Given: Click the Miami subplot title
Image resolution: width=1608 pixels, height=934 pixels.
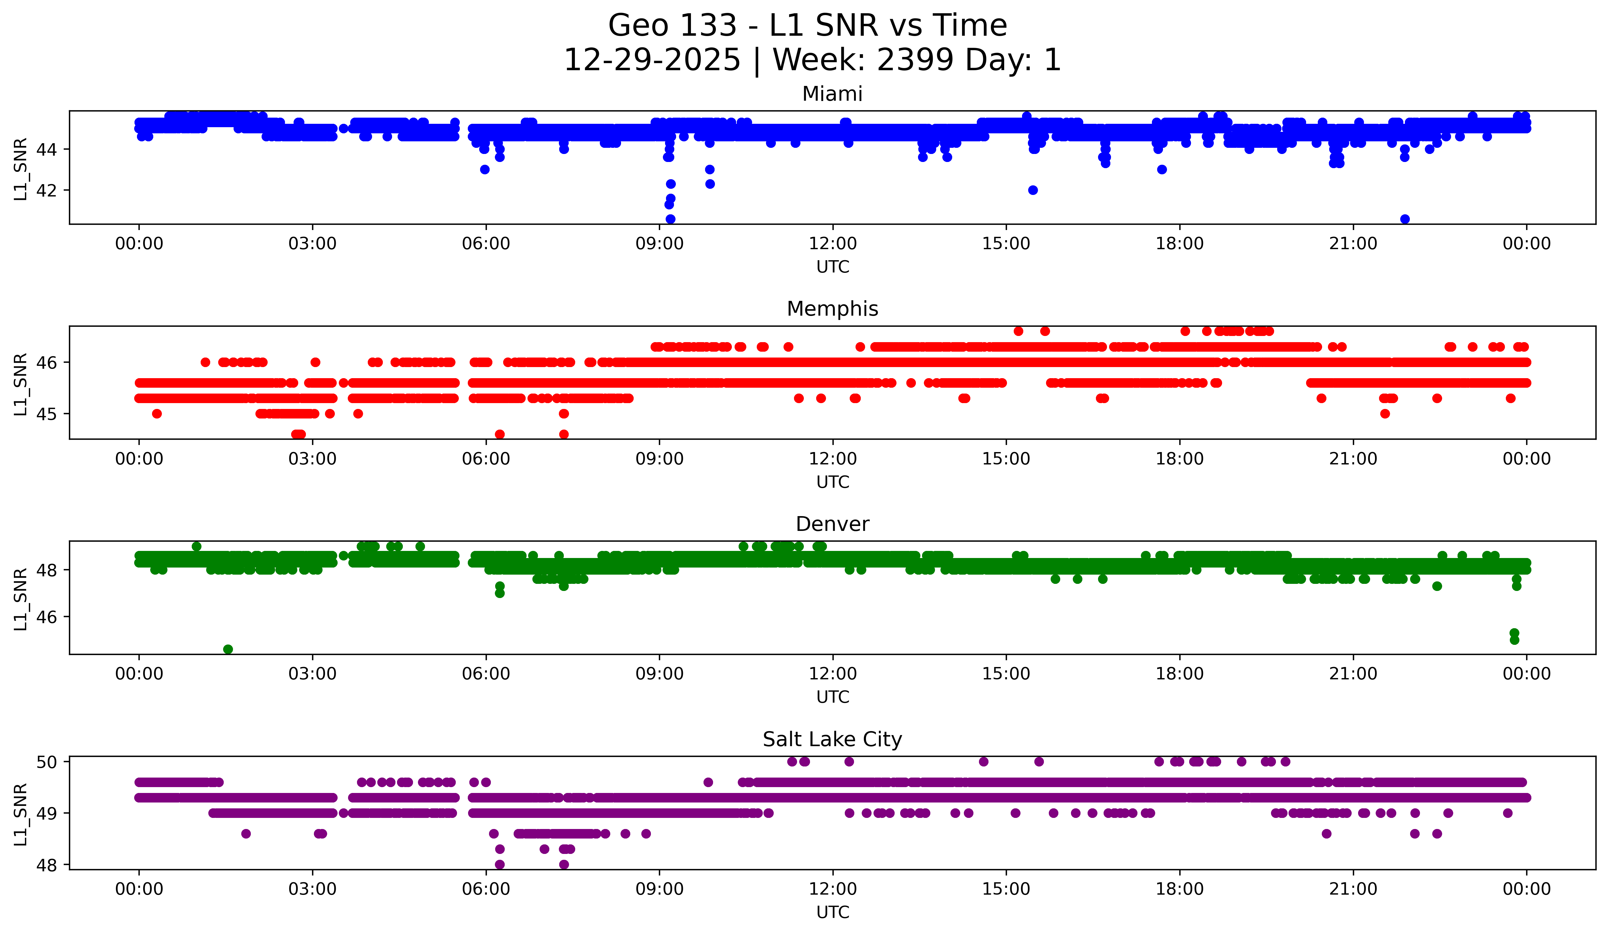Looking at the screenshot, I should coord(832,94).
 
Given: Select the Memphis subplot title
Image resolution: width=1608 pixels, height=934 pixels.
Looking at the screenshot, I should coord(832,309).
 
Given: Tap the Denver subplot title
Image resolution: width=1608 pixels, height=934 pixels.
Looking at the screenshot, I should coord(832,524).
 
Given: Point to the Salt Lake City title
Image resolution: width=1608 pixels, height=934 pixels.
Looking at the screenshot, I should coord(832,739).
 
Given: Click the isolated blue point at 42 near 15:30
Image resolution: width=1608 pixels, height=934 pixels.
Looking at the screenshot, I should coord(1033,190).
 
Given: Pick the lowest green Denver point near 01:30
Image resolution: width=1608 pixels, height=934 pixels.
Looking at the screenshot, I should coord(228,649).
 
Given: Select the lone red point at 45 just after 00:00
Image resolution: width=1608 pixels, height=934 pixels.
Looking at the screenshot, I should coord(157,414).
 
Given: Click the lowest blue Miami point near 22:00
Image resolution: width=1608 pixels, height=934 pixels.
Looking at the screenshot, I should coord(1405,219).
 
